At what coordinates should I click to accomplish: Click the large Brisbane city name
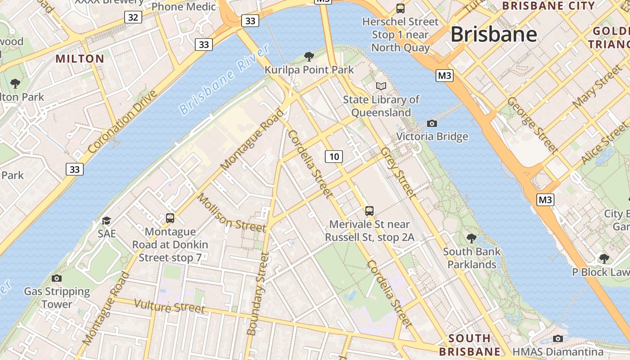(x=494, y=34)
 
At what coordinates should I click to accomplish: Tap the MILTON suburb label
(x=80, y=58)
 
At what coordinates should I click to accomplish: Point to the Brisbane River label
(x=224, y=79)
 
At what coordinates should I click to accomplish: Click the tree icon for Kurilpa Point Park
(x=309, y=57)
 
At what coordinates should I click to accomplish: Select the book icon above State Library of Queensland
(x=381, y=86)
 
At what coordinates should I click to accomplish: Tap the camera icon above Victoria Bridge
(x=432, y=123)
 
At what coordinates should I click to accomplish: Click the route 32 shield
(x=133, y=17)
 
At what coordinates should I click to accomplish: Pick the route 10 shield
(x=333, y=157)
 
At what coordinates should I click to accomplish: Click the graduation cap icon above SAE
(x=106, y=220)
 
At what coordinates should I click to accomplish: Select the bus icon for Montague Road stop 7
(x=170, y=218)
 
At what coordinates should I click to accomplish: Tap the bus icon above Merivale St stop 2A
(x=369, y=211)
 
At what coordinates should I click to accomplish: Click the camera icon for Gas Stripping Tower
(x=57, y=278)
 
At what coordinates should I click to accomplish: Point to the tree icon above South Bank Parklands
(x=472, y=238)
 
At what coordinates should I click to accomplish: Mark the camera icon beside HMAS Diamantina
(x=558, y=338)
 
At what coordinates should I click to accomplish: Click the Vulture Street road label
(x=170, y=306)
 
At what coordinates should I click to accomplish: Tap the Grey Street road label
(x=397, y=172)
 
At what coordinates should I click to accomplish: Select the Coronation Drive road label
(x=123, y=121)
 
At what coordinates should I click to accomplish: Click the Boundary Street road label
(x=258, y=293)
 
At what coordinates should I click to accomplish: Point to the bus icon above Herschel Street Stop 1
(x=400, y=8)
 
